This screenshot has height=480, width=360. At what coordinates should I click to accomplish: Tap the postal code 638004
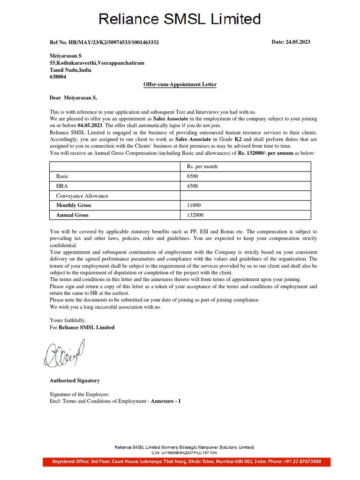58,77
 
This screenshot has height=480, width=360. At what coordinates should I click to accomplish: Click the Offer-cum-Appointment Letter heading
180,84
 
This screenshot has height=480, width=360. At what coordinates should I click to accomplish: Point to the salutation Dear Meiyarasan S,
73,97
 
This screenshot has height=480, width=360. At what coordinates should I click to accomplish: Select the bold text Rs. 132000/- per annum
265,153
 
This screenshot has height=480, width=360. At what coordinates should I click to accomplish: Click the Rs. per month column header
202,166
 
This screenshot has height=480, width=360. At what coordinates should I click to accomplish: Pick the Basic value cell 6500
192,176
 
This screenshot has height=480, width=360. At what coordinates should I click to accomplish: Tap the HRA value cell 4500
192,186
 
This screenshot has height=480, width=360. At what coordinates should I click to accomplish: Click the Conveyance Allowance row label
82,196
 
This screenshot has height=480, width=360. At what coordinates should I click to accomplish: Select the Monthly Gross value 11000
194,205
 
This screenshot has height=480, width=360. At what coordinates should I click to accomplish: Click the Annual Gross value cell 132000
195,215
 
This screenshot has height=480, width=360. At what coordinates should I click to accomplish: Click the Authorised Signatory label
75,381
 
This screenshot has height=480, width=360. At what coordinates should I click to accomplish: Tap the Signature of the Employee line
79,395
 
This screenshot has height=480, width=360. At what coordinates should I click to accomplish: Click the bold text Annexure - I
165,402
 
